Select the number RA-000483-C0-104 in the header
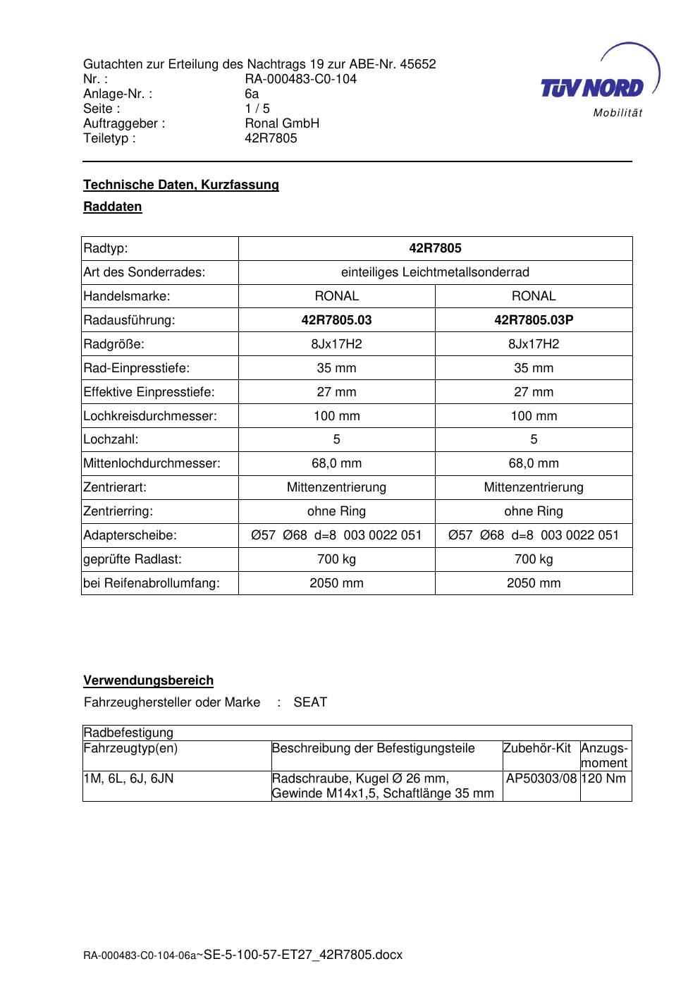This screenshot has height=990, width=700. [300, 79]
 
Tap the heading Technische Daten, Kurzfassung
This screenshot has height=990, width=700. [181, 185]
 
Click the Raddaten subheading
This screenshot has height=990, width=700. [113, 207]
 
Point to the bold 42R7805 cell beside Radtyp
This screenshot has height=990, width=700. [435, 248]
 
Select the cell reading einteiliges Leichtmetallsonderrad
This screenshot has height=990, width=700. [435, 272]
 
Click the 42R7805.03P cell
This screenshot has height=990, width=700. [534, 320]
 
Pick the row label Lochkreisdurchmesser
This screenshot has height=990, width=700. [150, 416]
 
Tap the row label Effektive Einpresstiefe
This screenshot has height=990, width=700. [149, 392]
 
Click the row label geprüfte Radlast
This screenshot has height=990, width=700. [133, 559]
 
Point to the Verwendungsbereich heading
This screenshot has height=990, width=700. [148, 680]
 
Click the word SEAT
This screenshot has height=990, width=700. [310, 702]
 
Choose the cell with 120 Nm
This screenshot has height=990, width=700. [606, 778]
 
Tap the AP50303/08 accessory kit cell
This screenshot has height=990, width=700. [541, 778]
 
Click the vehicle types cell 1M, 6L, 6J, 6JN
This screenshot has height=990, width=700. [128, 778]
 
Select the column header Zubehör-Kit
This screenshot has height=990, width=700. [537, 748]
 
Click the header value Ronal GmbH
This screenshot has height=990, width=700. [282, 123]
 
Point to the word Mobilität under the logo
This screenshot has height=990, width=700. [618, 114]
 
